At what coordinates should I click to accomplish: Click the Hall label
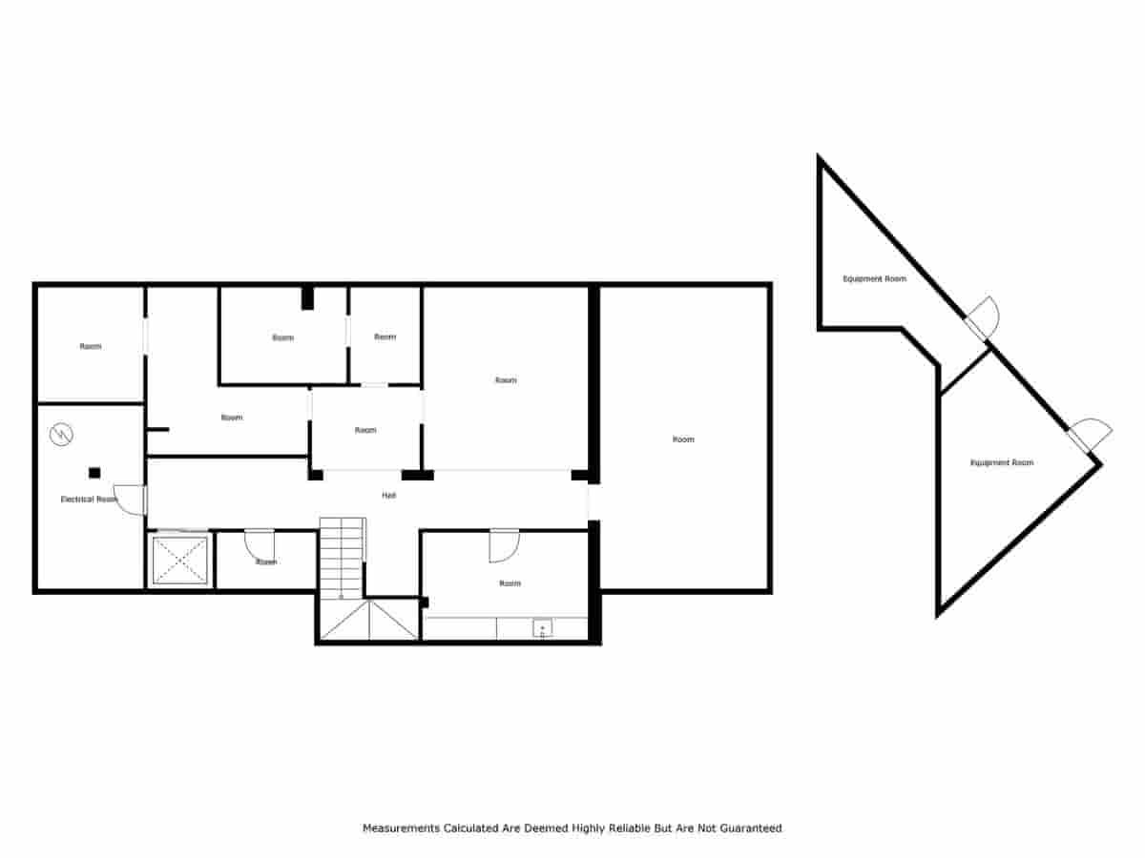pyautogui.click(x=388, y=496)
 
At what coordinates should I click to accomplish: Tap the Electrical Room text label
pyautogui.click(x=89, y=499)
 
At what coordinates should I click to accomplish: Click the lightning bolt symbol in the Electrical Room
pyautogui.click(x=61, y=435)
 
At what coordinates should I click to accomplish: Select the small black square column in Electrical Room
pyautogui.click(x=94, y=473)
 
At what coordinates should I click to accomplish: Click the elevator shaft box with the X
pyautogui.click(x=180, y=560)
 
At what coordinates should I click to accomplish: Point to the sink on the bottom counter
pyautogui.click(x=542, y=628)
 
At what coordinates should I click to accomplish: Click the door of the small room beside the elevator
pyautogui.click(x=259, y=544)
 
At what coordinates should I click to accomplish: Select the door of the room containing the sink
pyautogui.click(x=503, y=545)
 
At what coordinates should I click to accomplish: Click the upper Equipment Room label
pyautogui.click(x=874, y=279)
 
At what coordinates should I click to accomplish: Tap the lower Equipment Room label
pyautogui.click(x=1001, y=462)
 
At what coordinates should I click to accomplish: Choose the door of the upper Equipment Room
pyautogui.click(x=983, y=317)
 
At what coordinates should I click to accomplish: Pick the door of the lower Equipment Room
pyautogui.click(x=1090, y=436)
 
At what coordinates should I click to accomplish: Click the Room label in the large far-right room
pyautogui.click(x=683, y=439)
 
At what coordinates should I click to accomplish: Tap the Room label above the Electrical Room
pyautogui.click(x=90, y=346)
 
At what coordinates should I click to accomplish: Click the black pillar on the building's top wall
pyautogui.click(x=307, y=297)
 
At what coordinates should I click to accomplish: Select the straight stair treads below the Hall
pyautogui.click(x=342, y=557)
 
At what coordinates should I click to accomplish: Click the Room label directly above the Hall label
pyautogui.click(x=365, y=430)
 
